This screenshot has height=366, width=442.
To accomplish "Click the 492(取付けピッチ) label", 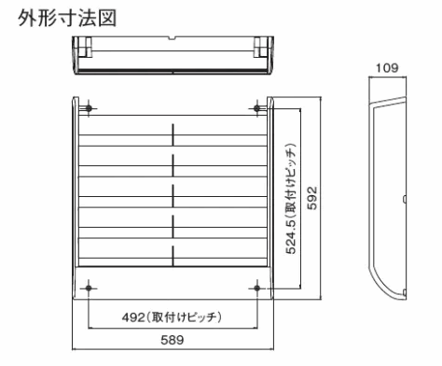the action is coord(172,315).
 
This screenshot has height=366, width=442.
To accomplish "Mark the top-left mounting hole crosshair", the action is coord(88,108).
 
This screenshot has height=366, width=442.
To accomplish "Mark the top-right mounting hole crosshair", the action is coord(256,108).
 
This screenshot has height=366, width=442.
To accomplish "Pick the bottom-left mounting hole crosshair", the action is coord(88,289).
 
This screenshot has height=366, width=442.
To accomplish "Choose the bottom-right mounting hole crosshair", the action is coord(256,289).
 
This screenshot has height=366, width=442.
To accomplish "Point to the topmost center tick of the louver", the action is coord(172,133).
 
